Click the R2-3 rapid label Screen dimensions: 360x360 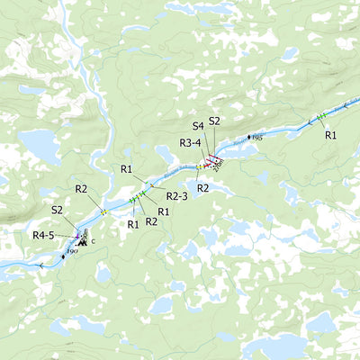coord(176,196)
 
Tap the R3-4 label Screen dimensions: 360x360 coord(190,142)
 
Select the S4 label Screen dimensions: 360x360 coord(198,127)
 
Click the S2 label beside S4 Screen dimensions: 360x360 coord(214,121)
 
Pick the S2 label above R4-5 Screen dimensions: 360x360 coord(58,210)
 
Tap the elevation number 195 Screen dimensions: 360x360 coord(256,138)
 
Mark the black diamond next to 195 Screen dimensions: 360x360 coord(248,137)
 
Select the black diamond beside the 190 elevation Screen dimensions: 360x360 coord(63,256)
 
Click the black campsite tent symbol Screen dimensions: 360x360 coord(82,241)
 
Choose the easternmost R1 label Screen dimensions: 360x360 coord(330,135)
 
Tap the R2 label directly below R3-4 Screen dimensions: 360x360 coord(203,187)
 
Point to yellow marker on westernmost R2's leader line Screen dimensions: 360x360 coord(104,212)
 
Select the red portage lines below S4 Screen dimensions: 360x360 coord(212,161)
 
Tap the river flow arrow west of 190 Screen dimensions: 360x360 coord(40,265)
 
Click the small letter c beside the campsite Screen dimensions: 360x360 coord(93,243)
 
